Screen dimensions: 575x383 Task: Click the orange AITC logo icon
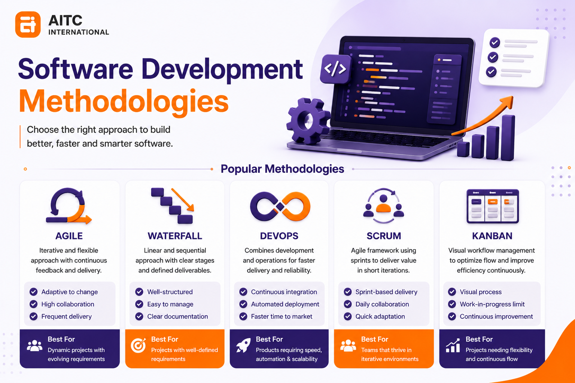28,24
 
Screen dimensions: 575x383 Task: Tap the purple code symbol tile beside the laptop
335,69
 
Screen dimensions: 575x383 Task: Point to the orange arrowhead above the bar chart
507,101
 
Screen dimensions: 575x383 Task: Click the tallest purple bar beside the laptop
508,138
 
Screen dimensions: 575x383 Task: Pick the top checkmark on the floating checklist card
495,43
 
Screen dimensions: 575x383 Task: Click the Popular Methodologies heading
282,169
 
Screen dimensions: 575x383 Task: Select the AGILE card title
69,236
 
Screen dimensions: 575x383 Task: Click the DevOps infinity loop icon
280,206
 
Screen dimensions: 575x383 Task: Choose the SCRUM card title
384,236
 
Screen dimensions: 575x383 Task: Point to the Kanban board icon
493,206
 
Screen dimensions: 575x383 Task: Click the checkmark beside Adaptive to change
33,292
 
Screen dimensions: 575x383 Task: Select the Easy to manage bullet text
170,304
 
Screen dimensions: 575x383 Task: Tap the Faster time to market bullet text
282,316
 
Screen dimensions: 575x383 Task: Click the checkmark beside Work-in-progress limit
452,304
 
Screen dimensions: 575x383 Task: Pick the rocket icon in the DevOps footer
243,345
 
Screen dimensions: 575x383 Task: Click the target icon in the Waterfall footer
139,345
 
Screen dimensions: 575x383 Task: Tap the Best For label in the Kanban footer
479,339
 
